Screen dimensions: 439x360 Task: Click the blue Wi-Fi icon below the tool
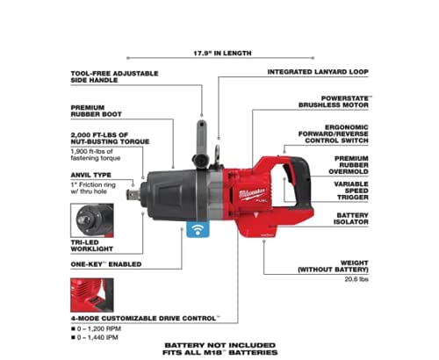(x=198, y=229)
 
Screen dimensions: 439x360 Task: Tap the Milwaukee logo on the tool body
(x=252, y=194)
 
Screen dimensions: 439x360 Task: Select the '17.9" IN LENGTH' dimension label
(x=222, y=54)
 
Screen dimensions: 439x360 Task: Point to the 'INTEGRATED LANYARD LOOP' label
(x=318, y=72)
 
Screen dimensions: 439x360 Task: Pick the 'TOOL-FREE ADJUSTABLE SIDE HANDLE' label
(x=114, y=76)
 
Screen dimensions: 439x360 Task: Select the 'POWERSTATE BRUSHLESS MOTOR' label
(x=335, y=102)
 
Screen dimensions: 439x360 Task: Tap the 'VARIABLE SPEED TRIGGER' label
(x=351, y=191)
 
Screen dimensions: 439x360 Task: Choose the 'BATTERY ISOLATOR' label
(x=351, y=219)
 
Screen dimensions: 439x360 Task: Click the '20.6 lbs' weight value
(x=356, y=279)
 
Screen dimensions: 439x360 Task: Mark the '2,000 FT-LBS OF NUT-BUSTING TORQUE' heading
(x=110, y=139)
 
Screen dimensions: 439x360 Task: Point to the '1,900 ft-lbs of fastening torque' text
(x=96, y=155)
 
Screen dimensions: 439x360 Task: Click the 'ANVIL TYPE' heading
(x=90, y=175)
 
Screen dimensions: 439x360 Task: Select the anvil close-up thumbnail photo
(x=92, y=220)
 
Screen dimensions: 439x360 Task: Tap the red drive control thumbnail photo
(x=92, y=295)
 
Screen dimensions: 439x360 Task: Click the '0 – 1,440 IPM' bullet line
(x=95, y=337)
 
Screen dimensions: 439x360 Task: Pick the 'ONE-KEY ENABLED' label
(x=106, y=264)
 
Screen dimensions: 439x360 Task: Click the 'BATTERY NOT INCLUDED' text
(x=220, y=345)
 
